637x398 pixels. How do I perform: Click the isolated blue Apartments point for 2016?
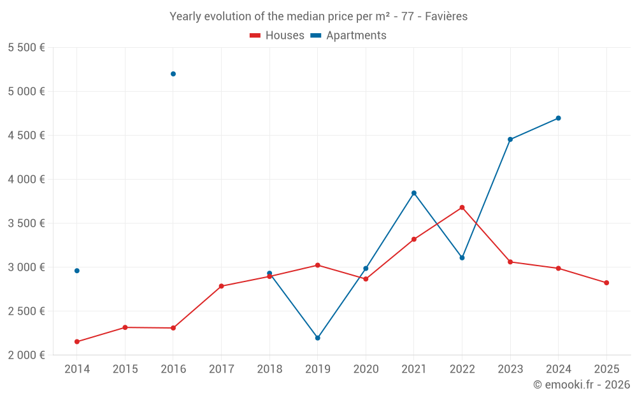pyautogui.click(x=173, y=74)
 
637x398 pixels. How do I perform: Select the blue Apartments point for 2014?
pyautogui.click(x=77, y=271)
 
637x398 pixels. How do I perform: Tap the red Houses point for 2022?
pyautogui.click(x=462, y=208)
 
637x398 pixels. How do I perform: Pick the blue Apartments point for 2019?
pyautogui.click(x=317, y=338)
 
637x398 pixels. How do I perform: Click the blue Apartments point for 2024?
pyautogui.click(x=558, y=118)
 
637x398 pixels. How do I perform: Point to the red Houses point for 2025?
pyautogui.click(x=606, y=283)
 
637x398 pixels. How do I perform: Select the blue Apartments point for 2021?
pyautogui.click(x=414, y=193)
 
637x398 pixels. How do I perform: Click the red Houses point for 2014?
pyautogui.click(x=77, y=342)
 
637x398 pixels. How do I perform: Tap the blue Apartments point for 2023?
pyautogui.click(x=510, y=139)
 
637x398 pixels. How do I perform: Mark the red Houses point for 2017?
pyautogui.click(x=221, y=286)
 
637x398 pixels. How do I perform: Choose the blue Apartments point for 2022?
pyautogui.click(x=462, y=258)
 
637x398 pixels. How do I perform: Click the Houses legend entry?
pyautogui.click(x=277, y=36)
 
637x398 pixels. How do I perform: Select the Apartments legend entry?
pyautogui.click(x=348, y=36)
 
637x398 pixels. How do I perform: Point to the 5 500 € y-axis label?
pyautogui.click(x=26, y=48)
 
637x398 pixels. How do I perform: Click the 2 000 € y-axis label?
pyautogui.click(x=26, y=355)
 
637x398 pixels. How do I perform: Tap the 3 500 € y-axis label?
pyautogui.click(x=26, y=224)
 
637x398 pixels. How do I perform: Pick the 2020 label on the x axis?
pyautogui.click(x=366, y=369)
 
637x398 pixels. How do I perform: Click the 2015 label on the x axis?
pyautogui.click(x=125, y=369)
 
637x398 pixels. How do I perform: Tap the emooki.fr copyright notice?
pyautogui.click(x=581, y=385)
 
